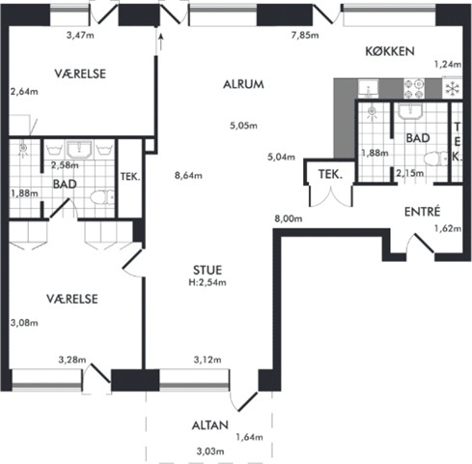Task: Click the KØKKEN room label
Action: pyautogui.click(x=390, y=51)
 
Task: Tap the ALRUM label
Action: pyautogui.click(x=243, y=84)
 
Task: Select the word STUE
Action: pyautogui.click(x=208, y=270)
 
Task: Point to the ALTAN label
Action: pyautogui.click(x=210, y=425)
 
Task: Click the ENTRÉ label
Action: pyautogui.click(x=422, y=212)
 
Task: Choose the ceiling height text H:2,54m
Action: pyautogui.click(x=208, y=282)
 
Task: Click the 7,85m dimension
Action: pyautogui.click(x=305, y=35)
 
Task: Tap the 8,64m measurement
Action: pyautogui.click(x=188, y=176)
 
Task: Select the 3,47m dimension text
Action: pyautogui.click(x=80, y=35)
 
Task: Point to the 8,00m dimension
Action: pyautogui.click(x=289, y=218)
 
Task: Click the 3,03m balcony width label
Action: pyautogui.click(x=210, y=451)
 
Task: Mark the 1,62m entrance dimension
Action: pyautogui.click(x=448, y=229)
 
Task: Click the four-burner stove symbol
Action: pyautogui.click(x=414, y=89)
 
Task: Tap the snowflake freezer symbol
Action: pyautogui.click(x=452, y=89)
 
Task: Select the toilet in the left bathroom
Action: pyautogui.click(x=102, y=197)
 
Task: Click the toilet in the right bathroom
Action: pyautogui.click(x=435, y=159)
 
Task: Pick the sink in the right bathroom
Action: pyautogui.click(x=410, y=111)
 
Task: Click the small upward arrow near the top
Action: pyautogui.click(x=161, y=41)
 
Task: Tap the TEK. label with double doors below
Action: pyautogui.click(x=330, y=174)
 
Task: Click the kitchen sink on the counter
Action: pyautogui.click(x=369, y=89)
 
